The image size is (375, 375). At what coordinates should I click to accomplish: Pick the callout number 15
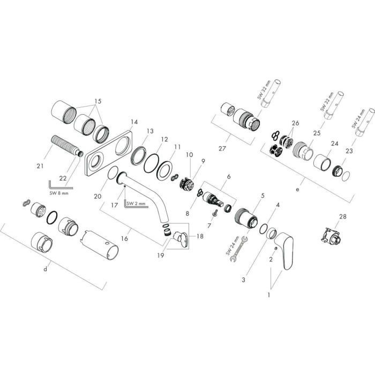pyautogui.click(x=97, y=101)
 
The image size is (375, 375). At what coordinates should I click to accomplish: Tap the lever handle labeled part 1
pyautogui.click(x=287, y=251)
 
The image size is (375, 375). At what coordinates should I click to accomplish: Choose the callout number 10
pyautogui.click(x=189, y=155)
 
